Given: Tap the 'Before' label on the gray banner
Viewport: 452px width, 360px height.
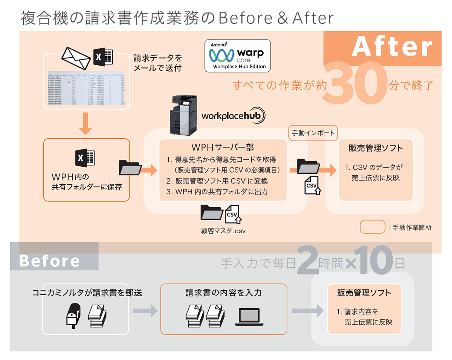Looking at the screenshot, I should [x=49, y=261].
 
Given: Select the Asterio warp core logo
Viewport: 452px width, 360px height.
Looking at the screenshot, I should [x=237, y=55].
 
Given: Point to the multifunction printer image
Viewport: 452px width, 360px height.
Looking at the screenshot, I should [x=185, y=115].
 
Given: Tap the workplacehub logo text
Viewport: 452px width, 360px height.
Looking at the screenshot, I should [x=234, y=115].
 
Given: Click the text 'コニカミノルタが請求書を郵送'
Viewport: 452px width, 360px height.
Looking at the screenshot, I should [x=87, y=292].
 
